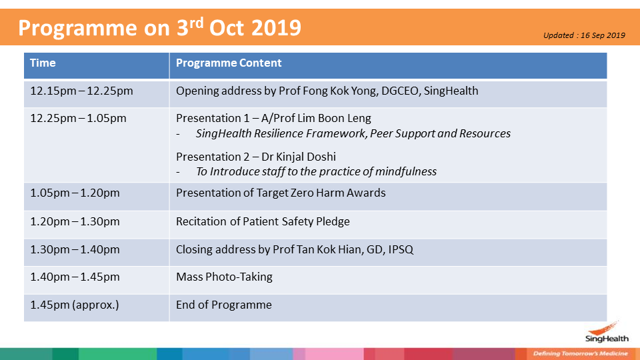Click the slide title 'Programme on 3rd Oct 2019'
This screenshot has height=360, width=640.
coord(159,28)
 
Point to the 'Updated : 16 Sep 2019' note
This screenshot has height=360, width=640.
coord(584,35)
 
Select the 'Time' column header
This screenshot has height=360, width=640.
coord(43,63)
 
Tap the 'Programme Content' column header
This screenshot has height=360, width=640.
coord(229,63)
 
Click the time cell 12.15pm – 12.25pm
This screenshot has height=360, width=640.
coord(81,91)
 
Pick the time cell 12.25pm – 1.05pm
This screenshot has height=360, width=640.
coord(79,119)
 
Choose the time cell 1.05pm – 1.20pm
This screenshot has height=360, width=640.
coord(75,193)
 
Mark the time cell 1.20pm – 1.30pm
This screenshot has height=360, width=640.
coord(75,221)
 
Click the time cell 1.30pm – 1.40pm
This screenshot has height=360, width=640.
coord(75,249)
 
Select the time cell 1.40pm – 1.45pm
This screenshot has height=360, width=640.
coord(75,277)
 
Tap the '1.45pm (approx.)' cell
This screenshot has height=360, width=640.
coord(75,305)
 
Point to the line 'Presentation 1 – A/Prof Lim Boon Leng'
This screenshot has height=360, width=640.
coord(273,119)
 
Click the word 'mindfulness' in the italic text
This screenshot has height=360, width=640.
coord(406,171)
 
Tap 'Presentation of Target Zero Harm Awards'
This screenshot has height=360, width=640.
coord(281,193)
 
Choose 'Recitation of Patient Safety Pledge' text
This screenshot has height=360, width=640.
coord(263,221)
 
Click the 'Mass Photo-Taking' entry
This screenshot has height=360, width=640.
coord(224,277)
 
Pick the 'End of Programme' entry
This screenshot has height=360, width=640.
coord(224,305)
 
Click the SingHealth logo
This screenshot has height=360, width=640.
coord(607,332)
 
